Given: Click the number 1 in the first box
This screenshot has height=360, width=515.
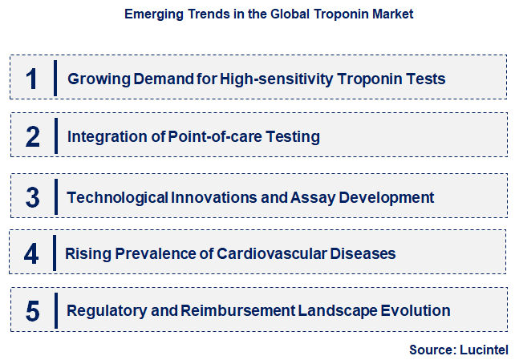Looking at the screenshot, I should tap(32, 79).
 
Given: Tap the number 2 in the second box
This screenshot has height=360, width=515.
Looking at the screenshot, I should tap(33, 136).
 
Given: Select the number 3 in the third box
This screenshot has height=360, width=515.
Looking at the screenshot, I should tap(33, 196).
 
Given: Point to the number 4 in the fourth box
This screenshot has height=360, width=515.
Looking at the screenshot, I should tap(31, 254).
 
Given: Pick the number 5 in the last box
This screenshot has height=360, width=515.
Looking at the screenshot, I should tap(33, 311).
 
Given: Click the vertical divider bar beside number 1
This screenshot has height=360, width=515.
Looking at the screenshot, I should tap(55, 79).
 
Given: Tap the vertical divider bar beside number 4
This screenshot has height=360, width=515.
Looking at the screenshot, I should tap(54, 253).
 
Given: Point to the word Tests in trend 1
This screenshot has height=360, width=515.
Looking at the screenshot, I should tap(426, 79).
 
